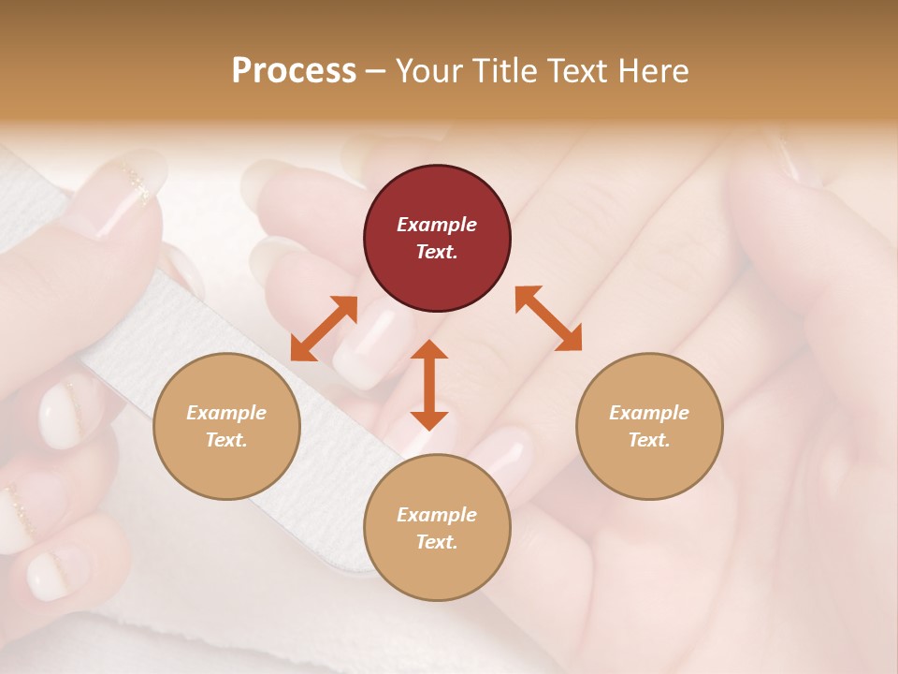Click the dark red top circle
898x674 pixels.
tap(437, 239)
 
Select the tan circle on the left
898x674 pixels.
tap(226, 426)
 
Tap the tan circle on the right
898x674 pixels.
tap(648, 426)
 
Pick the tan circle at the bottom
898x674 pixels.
tap(437, 527)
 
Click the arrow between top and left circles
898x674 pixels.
tap(324, 329)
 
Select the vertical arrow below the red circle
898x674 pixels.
tap(429, 385)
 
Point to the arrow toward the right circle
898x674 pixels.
tap(548, 319)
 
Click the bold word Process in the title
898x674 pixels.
tap(294, 70)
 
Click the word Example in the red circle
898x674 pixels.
tap(437, 225)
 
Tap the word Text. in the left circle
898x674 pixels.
tap(226, 440)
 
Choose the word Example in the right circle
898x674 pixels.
tap(648, 413)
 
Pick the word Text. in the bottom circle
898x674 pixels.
tap(437, 542)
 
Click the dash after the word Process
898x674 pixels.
tap(375, 71)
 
